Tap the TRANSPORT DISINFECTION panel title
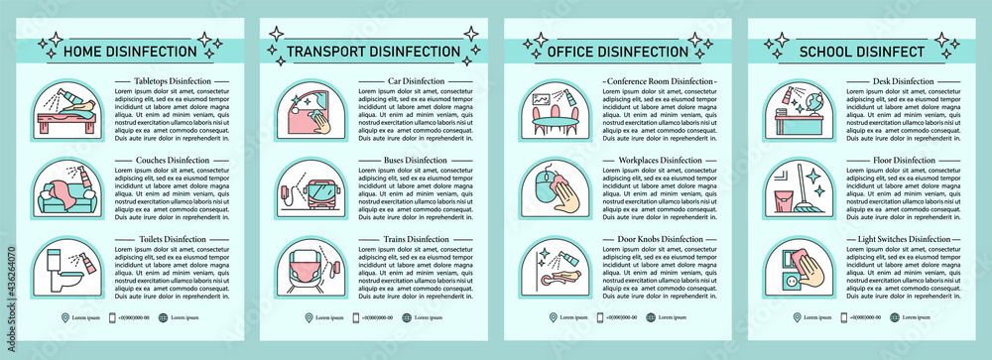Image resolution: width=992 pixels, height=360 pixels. click(x=373, y=51)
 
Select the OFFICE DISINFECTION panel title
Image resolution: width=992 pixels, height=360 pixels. click(x=622, y=51)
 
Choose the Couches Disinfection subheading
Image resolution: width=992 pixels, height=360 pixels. click(x=162, y=160)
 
